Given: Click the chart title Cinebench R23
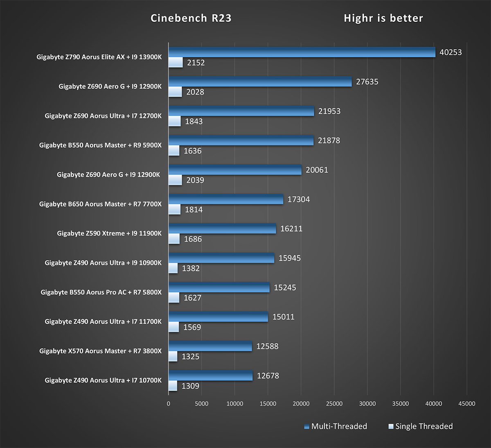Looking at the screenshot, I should (x=191, y=18).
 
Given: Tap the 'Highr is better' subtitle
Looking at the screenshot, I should (x=383, y=18).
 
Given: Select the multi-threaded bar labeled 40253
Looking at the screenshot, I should (x=302, y=52).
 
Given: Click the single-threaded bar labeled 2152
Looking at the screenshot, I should (x=176, y=62).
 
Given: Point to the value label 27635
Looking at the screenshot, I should (x=367, y=82).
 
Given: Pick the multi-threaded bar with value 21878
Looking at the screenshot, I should (x=241, y=140).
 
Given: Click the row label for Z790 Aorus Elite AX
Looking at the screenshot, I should (x=99, y=57).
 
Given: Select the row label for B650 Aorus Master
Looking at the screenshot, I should (x=100, y=204).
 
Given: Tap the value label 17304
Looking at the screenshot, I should (x=299, y=199).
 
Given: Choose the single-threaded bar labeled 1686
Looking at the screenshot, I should (x=174, y=239).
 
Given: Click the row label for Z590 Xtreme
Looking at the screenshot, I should (x=109, y=233).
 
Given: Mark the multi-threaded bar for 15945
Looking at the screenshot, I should (x=221, y=258).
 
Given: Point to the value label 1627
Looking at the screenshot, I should (x=192, y=298).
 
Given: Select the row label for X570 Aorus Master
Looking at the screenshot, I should (x=100, y=351).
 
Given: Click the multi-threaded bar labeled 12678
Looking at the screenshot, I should (x=210, y=376).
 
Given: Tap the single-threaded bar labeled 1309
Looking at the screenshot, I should (x=173, y=386).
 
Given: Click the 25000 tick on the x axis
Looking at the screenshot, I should (x=334, y=404).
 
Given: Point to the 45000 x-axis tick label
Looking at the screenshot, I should (x=467, y=404).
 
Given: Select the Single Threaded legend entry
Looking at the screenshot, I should (x=421, y=426).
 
